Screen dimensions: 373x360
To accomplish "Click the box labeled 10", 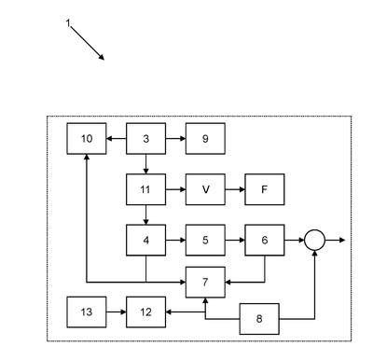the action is coord(87,139).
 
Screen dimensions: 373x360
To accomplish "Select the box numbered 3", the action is coord(145,139).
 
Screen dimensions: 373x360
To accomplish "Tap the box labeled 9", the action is coord(205,139).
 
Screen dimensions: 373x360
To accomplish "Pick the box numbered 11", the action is coord(145,189).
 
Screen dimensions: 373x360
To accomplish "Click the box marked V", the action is coord(205,189).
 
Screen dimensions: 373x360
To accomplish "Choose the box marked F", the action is coord(265,189).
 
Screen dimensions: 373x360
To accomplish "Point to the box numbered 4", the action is coord(145,240).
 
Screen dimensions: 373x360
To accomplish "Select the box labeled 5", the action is coord(205,240).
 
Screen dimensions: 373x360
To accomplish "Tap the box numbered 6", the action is coord(265,240).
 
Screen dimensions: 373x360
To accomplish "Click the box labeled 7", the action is coord(205,282).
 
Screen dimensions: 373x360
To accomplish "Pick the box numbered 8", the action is coord(259,319).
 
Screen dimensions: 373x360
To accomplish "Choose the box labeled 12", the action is coord(145,312).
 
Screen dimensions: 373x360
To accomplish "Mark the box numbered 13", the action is coord(87,312).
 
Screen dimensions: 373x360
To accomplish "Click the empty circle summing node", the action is coord(314,230).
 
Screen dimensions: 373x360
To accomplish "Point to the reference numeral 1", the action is coord(68,22).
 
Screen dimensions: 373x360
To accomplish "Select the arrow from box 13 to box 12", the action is coord(117,312).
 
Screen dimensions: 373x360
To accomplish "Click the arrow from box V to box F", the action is coord(235,189).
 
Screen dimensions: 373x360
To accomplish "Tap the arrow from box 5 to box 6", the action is coord(235,240).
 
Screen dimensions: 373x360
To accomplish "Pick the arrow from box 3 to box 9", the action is coord(175,139).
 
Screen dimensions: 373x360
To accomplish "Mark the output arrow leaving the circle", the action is coord(335,240).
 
